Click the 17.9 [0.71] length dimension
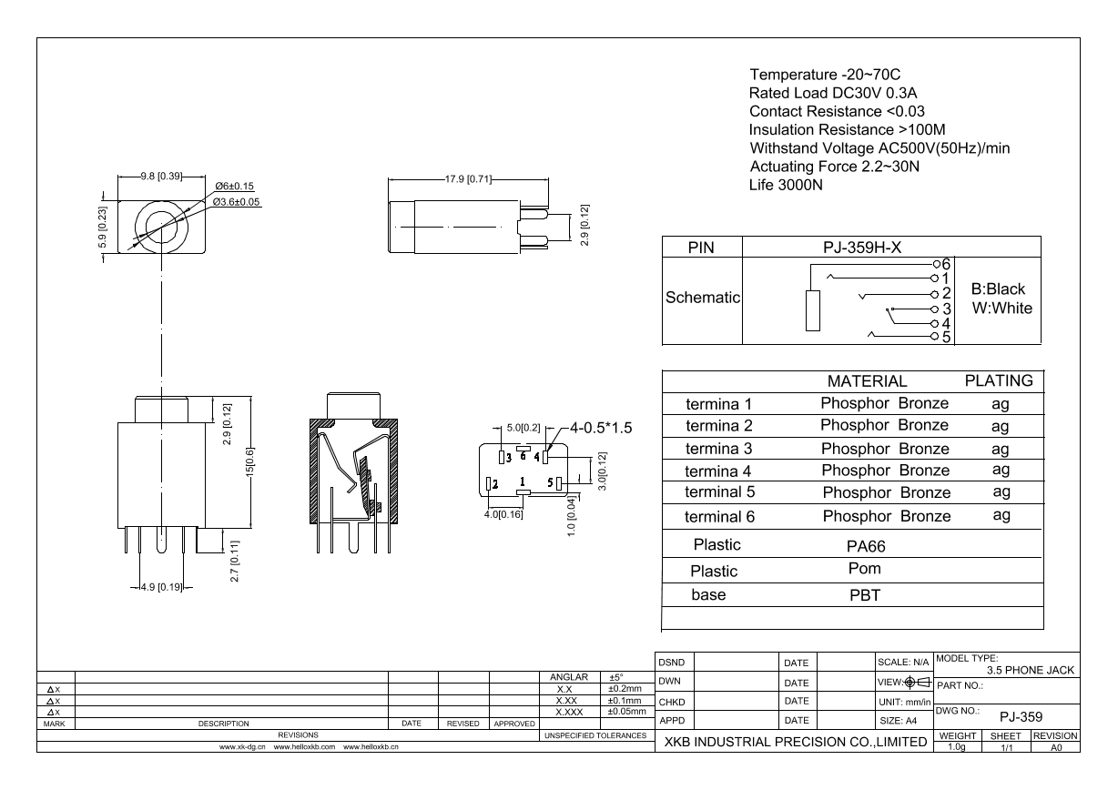[468, 177]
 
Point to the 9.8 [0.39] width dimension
[160, 175]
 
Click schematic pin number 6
[945, 263]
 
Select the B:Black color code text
[998, 289]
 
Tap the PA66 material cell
[865, 547]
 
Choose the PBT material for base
[865, 595]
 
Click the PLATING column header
[999, 380]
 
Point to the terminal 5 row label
[722, 492]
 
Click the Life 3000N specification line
[786, 185]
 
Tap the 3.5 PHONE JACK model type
[1023, 670]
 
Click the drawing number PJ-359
[1021, 716]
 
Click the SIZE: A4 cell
[897, 721]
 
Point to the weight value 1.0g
[956, 747]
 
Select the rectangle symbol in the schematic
[813, 310]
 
